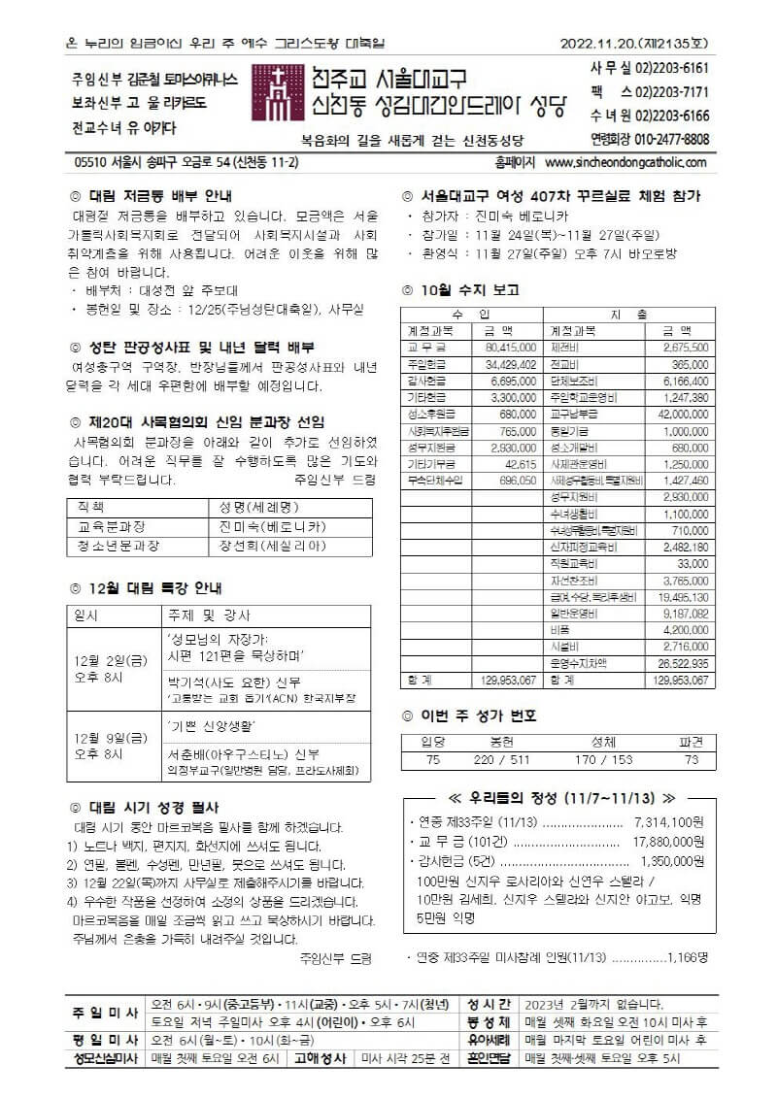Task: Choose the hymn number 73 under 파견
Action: tap(692, 760)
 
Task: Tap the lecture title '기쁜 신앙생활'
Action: tap(213, 726)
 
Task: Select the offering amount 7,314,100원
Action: tap(670, 821)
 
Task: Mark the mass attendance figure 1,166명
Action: tap(688, 957)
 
